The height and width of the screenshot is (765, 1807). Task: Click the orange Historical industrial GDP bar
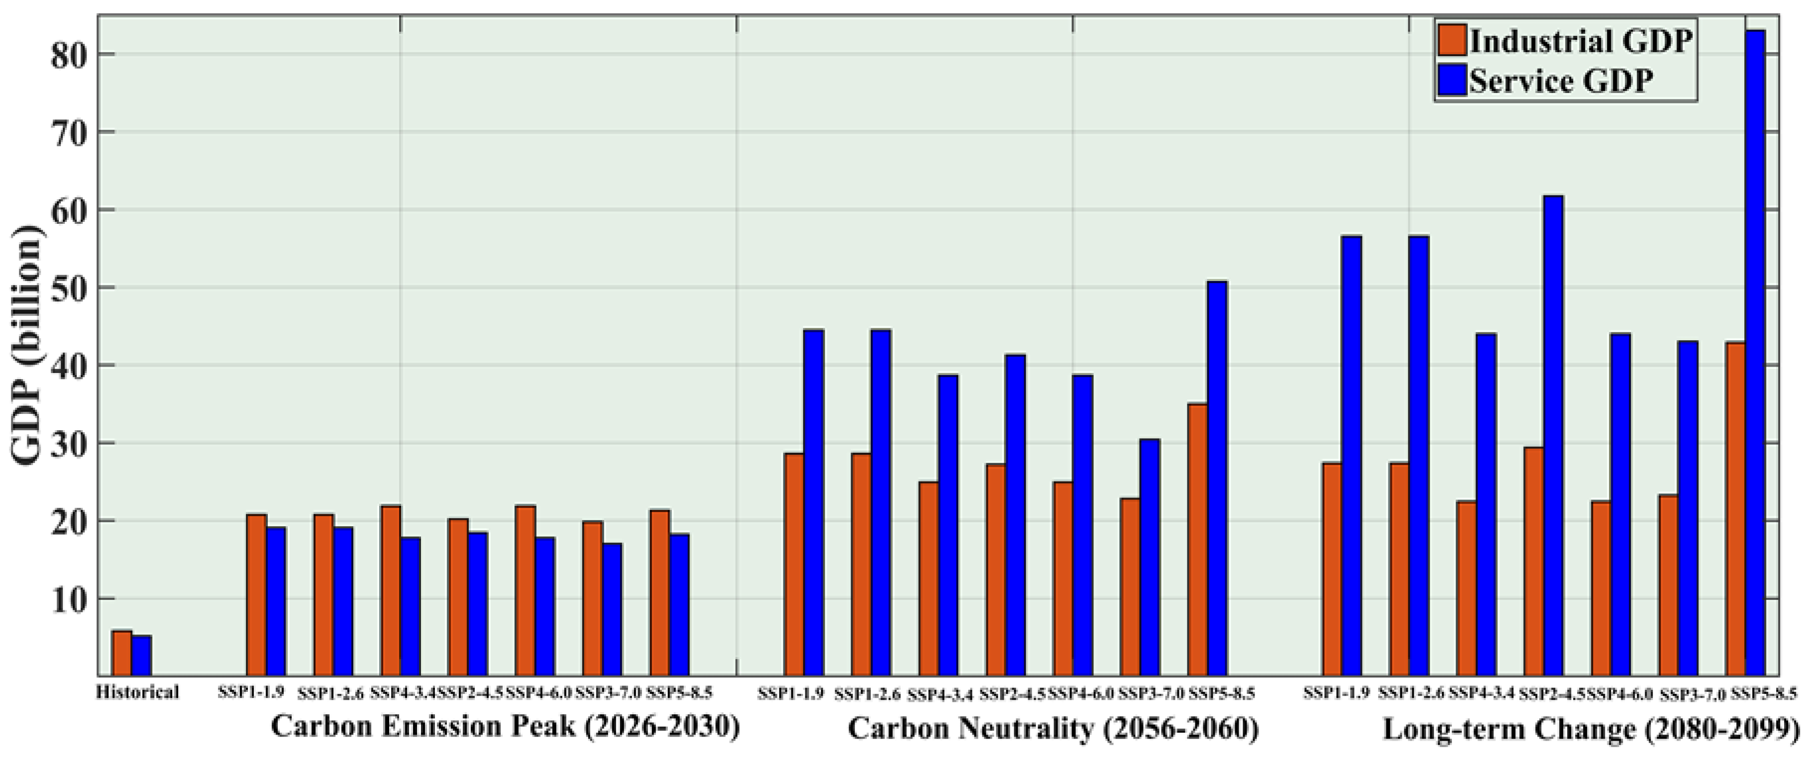(121, 653)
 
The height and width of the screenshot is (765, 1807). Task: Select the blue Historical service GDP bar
(142, 656)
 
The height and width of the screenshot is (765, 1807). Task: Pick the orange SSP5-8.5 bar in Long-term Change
(1735, 509)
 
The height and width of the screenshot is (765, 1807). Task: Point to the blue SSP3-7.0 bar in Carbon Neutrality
(1150, 558)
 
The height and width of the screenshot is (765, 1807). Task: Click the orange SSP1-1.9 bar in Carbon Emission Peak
(256, 595)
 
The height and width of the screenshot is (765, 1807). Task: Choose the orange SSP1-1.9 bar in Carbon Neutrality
(794, 565)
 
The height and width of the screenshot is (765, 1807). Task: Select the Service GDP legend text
(1561, 81)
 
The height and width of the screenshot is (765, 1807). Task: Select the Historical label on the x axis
(137, 693)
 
